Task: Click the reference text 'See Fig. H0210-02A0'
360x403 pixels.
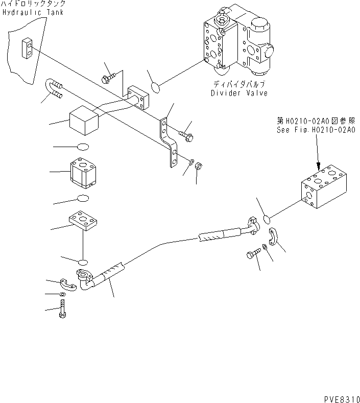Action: (x=316, y=130)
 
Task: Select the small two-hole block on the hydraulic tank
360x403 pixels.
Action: (x=28, y=49)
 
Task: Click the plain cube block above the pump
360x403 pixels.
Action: (x=84, y=121)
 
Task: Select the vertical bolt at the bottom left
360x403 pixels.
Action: (x=62, y=310)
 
